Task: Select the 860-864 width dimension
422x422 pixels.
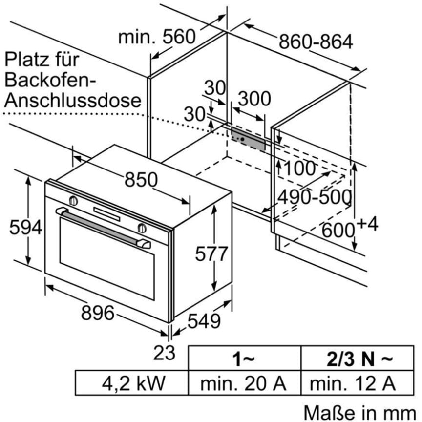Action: (316, 42)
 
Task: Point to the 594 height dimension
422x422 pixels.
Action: (25, 227)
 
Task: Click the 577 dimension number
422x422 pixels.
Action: (211, 253)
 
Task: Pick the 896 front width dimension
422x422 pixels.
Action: (98, 313)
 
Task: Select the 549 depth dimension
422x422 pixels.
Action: (204, 320)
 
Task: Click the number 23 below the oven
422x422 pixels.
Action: (164, 353)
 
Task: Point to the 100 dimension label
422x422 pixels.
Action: (299, 169)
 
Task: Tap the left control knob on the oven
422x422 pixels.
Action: (73, 200)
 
